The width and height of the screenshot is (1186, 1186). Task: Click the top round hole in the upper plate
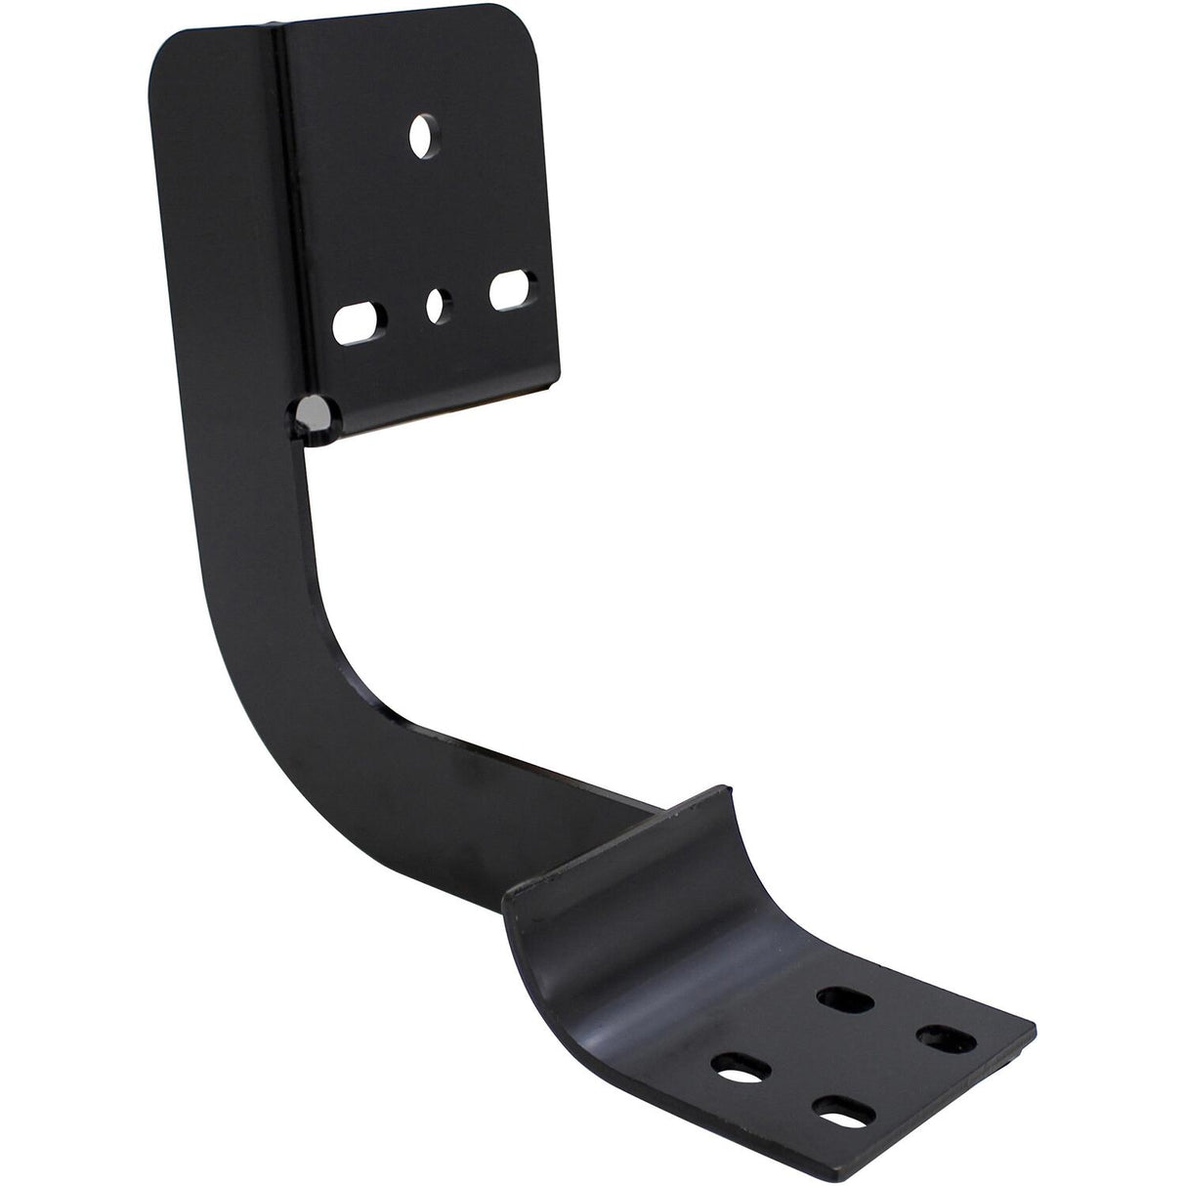coord(423,136)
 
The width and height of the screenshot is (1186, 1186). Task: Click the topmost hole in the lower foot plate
coord(837,998)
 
